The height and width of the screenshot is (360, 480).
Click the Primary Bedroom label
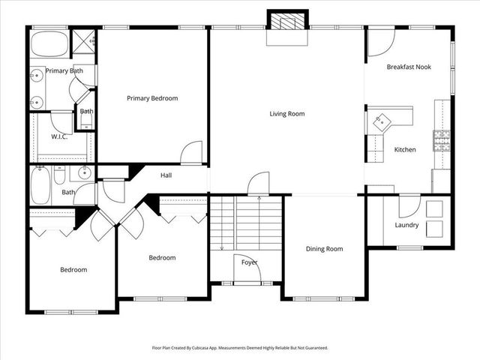(x=152, y=98)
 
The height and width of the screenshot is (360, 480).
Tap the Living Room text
(x=287, y=114)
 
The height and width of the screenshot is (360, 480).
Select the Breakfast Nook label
(x=408, y=67)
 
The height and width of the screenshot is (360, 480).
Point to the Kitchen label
(x=405, y=150)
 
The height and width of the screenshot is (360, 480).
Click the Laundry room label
(x=406, y=226)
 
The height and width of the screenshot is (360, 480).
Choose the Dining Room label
(x=324, y=249)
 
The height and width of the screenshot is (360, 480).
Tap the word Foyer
(x=250, y=262)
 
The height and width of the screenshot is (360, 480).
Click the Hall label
(x=168, y=176)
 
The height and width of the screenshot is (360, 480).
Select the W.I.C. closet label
(x=61, y=136)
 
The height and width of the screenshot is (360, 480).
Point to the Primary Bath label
(x=64, y=71)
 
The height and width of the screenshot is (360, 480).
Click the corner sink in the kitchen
(x=382, y=120)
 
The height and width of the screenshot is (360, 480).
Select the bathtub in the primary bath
(x=49, y=43)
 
